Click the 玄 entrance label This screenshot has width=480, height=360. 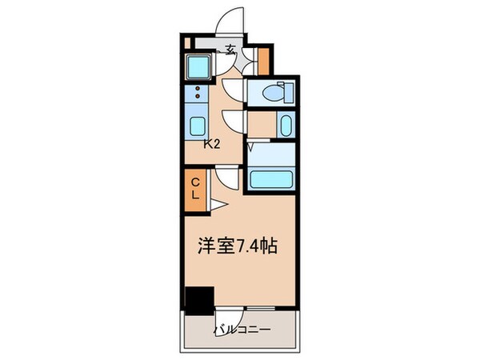point(230,50)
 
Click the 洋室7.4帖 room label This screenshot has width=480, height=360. point(238,246)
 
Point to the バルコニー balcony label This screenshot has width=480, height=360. point(242,330)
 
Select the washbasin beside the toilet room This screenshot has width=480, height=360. point(286,124)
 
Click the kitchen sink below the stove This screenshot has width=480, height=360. point(196,125)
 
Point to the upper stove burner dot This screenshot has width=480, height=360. point(196,89)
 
